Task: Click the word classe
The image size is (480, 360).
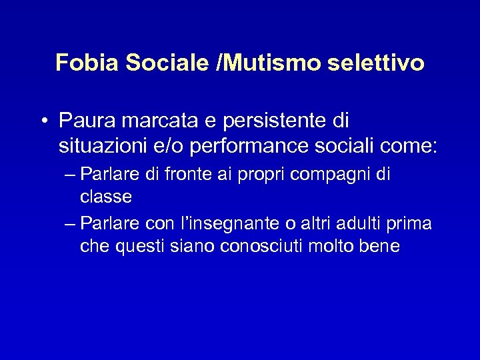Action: pyautogui.click(x=106, y=198)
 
